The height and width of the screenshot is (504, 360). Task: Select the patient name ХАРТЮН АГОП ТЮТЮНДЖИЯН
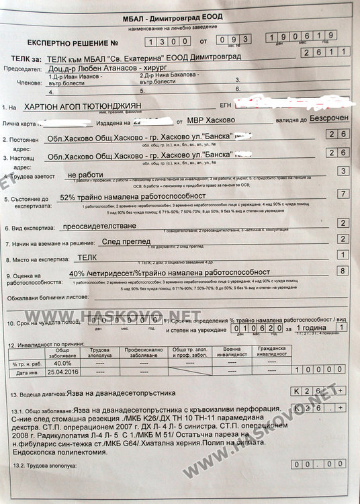pyautogui.click(x=105, y=106)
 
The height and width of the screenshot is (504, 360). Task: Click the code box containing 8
pyautogui.click(x=343, y=270)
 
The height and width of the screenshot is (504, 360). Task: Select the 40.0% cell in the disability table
pyautogui.click(x=61, y=364)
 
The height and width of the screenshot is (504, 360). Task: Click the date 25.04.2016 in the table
pyautogui.click(x=61, y=372)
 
